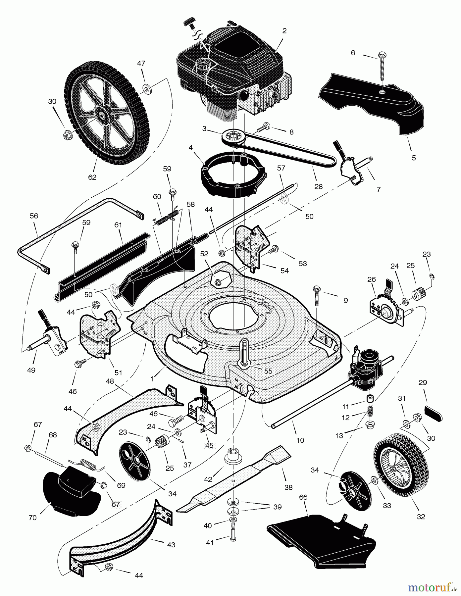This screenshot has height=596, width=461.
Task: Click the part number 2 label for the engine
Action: [284, 31]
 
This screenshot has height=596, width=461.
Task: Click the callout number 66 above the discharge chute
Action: [303, 497]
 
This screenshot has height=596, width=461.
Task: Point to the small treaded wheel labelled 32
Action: [401, 466]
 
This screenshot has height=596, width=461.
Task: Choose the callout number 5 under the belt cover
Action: [414, 158]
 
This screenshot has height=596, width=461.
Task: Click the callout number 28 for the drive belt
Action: [318, 186]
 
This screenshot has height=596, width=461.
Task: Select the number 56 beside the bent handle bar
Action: [34, 216]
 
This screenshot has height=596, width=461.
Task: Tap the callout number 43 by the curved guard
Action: [171, 545]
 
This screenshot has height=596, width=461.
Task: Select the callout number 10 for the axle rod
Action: [300, 440]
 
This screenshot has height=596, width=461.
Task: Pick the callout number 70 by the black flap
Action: [32, 518]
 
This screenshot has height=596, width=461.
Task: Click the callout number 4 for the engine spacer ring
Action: [191, 148]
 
